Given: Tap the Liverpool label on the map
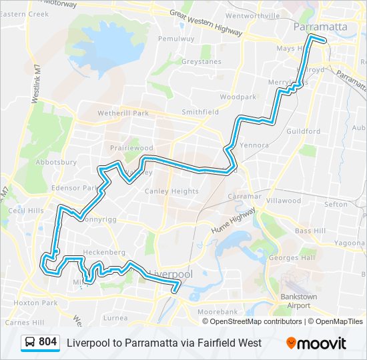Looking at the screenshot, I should pyautogui.click(x=171, y=274).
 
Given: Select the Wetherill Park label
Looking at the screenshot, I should pyautogui.click(x=123, y=113).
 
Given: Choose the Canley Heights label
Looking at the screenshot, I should pyautogui.click(x=171, y=191).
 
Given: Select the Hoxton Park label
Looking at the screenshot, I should pyautogui.click(x=40, y=302).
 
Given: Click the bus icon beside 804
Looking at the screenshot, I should pyautogui.click(x=30, y=343).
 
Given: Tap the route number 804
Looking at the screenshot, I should pyautogui.click(x=48, y=342).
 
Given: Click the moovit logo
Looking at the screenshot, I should pyautogui.click(x=317, y=343).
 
